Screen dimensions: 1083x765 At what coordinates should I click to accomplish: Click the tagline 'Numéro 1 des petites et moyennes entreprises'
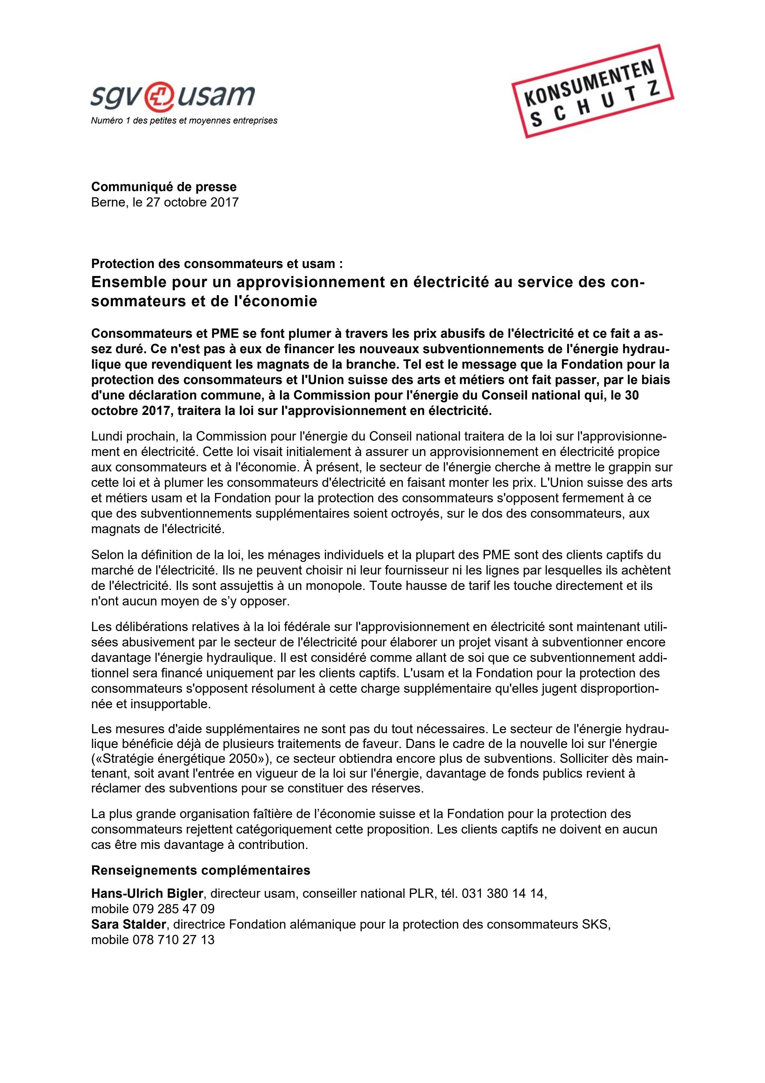[184, 120]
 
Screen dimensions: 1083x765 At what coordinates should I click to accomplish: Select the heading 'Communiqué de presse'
[164, 187]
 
